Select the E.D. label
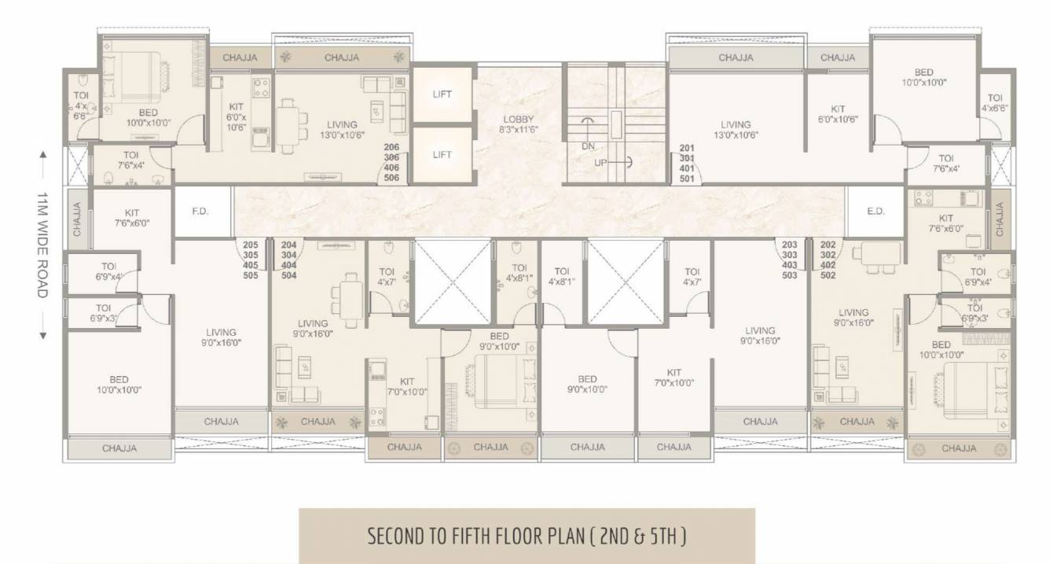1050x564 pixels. coord(875,212)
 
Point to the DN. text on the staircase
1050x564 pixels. coord(588,146)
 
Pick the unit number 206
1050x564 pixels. coord(391,147)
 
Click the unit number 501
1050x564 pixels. coord(687,178)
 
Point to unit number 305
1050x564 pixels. coord(251,255)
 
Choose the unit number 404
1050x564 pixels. coord(288,265)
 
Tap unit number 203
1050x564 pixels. coord(790,245)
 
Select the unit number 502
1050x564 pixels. coord(828,275)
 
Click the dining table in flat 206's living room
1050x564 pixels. coord(288,126)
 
